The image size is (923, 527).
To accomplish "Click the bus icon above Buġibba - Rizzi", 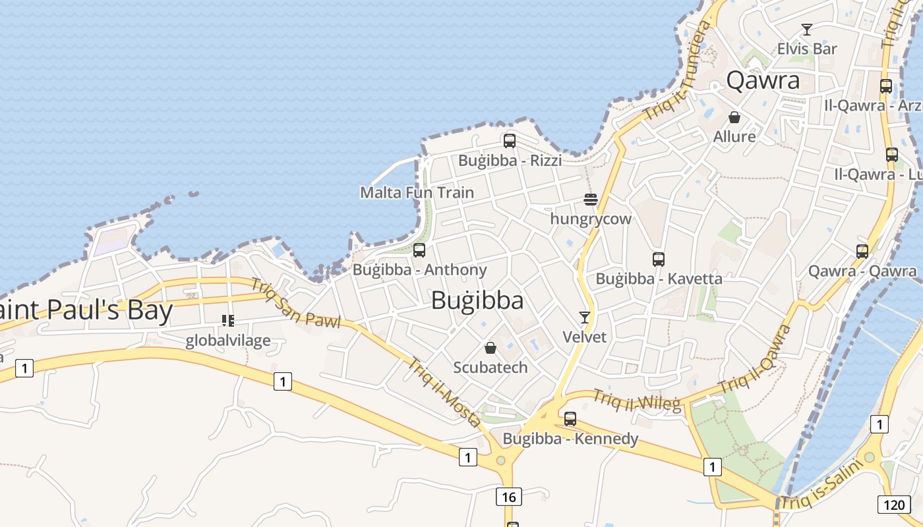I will tap(509, 140).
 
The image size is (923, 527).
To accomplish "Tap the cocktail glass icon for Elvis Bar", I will tap(806, 30).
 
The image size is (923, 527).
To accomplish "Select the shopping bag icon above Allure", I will tap(734, 117).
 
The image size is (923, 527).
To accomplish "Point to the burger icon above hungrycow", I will tap(591, 200).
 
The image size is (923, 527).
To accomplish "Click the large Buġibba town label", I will tap(477, 300).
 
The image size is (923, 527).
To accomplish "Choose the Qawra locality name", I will tap(763, 80).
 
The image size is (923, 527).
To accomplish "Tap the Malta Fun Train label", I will tap(417, 192).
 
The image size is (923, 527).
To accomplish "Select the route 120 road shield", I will tap(894, 505).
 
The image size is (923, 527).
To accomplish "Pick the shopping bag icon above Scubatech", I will tap(491, 348).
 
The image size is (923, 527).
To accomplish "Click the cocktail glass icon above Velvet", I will tap(584, 318).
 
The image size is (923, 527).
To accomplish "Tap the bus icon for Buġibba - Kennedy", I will tap(570, 418).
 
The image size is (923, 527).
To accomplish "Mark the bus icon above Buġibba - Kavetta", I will tap(658, 259).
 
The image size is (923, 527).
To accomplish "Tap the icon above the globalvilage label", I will tap(227, 321).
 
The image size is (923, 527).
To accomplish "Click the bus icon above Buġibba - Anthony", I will tap(419, 250).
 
